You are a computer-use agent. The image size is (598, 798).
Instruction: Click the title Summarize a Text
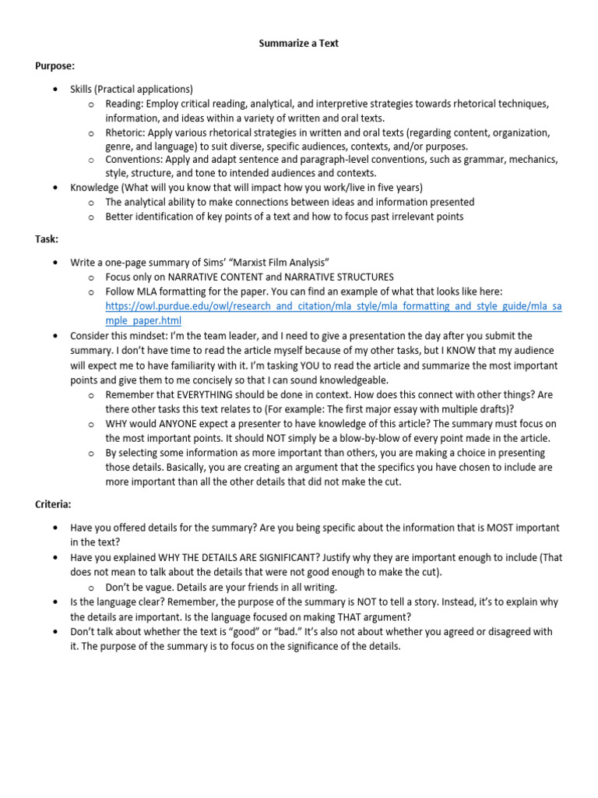point(299,44)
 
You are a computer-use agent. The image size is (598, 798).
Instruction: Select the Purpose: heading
point(55,66)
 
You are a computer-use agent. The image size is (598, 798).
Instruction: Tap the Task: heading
point(47,239)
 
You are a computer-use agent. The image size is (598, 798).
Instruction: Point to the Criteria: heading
point(53,505)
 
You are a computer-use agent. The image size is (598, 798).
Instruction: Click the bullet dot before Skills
point(55,90)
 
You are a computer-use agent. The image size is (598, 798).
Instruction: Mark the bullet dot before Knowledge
point(55,188)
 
